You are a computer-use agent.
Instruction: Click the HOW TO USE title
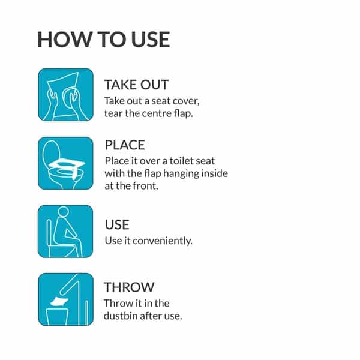pyautogui.click(x=104, y=40)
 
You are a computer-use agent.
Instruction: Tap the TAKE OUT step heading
pyautogui.click(x=136, y=85)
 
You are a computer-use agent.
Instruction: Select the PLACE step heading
pyautogui.click(x=125, y=145)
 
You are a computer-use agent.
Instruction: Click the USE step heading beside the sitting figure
pyautogui.click(x=117, y=224)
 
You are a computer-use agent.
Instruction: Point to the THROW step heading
pyautogui.click(x=129, y=287)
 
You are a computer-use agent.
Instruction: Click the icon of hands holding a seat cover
pyautogui.click(x=65, y=95)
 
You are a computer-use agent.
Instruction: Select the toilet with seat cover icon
pyautogui.click(x=65, y=163)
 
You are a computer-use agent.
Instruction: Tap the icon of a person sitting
pyautogui.click(x=65, y=231)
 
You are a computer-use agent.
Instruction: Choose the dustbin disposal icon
pyautogui.click(x=65, y=299)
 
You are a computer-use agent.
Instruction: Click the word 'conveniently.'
pyautogui.click(x=163, y=241)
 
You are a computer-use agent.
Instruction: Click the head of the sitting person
pyautogui.click(x=64, y=211)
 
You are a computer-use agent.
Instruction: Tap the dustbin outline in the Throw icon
pyautogui.click(x=57, y=317)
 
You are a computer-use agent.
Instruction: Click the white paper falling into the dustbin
pyautogui.click(x=59, y=301)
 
